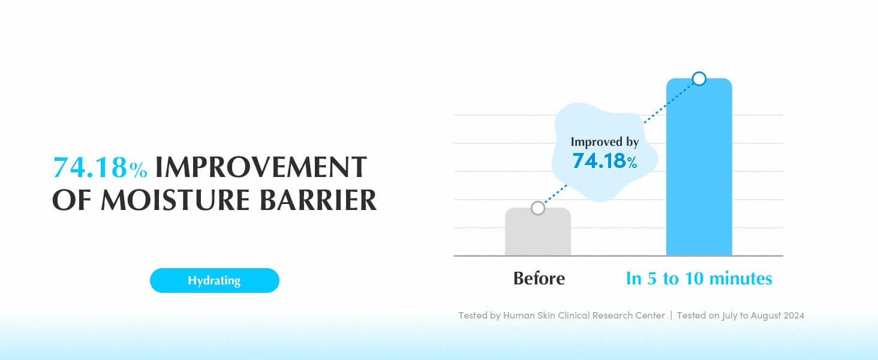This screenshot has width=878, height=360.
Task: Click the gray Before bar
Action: [538, 232]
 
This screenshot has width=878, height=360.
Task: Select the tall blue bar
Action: [699, 167]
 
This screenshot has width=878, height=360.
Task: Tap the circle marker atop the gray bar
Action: [538, 208]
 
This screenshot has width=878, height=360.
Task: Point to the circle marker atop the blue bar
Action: [699, 79]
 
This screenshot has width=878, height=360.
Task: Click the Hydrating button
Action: [215, 280]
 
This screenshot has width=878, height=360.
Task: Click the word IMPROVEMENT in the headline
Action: [261, 167]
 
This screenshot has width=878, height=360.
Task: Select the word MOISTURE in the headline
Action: [175, 200]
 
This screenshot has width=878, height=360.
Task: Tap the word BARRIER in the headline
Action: [318, 200]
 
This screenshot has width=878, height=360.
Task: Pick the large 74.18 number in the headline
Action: [90, 167]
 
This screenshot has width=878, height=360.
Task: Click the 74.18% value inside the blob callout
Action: [605, 161]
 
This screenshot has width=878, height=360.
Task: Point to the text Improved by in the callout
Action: [605, 142]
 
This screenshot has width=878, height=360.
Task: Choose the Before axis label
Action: [539, 278]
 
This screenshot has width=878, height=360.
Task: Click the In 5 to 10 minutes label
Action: [699, 278]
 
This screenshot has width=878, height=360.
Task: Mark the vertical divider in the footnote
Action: [671, 316]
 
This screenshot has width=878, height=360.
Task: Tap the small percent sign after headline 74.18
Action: [139, 170]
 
